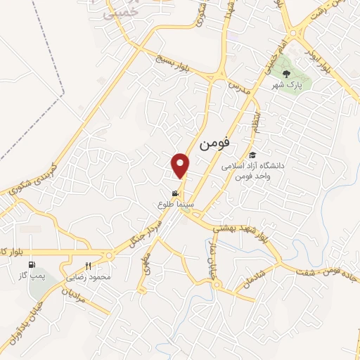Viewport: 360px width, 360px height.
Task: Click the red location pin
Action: click(181, 165)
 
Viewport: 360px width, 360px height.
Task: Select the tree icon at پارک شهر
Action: click(285, 73)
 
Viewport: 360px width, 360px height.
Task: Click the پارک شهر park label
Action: click(286, 85)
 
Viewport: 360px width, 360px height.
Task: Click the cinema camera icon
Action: click(174, 193)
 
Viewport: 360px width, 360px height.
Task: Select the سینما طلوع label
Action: click(174, 204)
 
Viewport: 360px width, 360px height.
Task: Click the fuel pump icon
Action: click(31, 265)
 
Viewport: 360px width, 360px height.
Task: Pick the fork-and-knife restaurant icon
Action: click(88, 266)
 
